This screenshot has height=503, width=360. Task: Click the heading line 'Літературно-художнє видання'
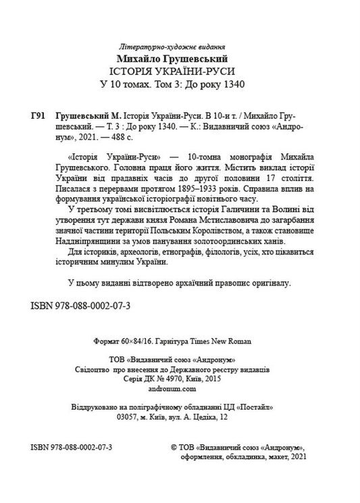179,51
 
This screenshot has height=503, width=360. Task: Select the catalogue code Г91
38,116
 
